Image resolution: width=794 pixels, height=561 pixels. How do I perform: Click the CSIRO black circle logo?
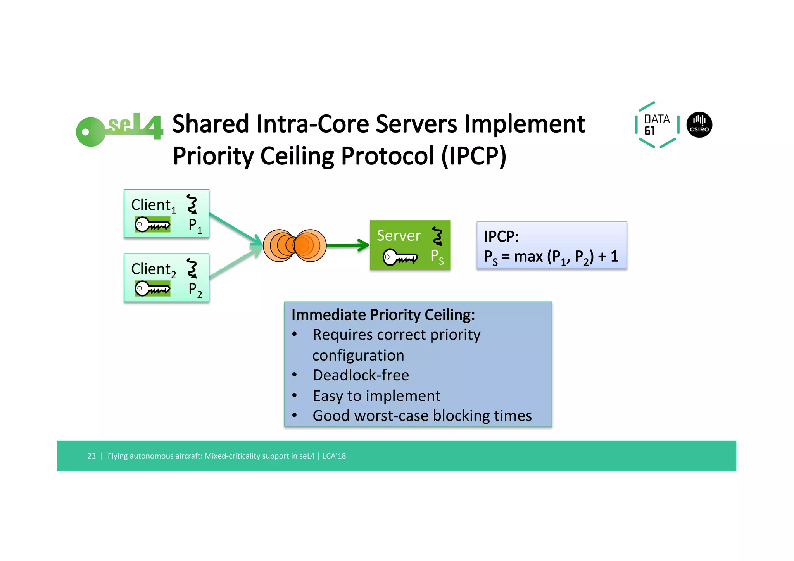699,125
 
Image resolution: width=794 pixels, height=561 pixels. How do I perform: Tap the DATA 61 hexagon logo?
657,125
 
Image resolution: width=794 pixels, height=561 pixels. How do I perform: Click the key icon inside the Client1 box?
152,224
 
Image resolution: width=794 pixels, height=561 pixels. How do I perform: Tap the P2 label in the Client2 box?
195,290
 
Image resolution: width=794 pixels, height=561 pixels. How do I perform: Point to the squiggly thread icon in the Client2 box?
192,268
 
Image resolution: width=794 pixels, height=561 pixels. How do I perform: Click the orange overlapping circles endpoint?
295,245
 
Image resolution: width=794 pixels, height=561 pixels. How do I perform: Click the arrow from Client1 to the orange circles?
235,229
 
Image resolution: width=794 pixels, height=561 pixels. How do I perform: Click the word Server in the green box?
398,236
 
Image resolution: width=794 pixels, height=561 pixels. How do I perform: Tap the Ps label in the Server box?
437,257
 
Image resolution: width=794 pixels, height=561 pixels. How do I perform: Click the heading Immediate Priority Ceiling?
383,315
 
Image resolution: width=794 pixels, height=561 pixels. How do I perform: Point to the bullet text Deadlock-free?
361,375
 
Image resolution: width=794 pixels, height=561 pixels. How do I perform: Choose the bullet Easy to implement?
376,396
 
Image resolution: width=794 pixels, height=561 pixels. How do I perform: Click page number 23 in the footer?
91,456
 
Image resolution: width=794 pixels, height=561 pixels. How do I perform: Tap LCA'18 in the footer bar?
334,456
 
